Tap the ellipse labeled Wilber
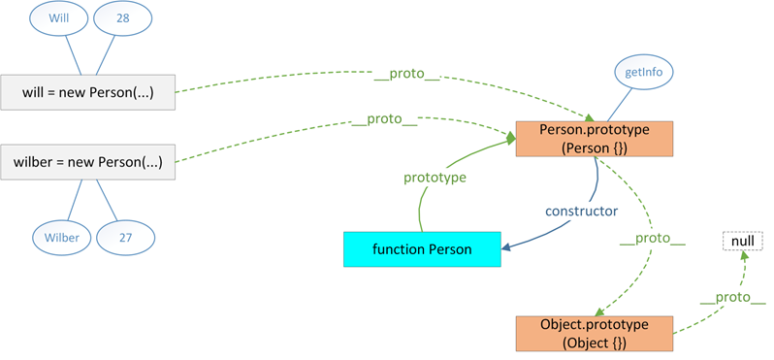(62, 236)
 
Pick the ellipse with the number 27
(125, 236)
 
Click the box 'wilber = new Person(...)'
(87, 162)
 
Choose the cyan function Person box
(422, 249)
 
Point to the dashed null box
(742, 240)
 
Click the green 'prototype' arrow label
(435, 178)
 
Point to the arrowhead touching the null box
(745, 255)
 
